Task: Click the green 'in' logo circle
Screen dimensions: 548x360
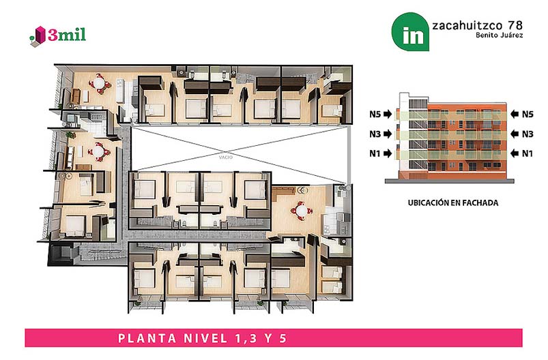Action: point(410,32)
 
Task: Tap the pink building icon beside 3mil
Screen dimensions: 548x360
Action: point(40,35)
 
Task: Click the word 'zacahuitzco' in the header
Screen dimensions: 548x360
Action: point(467,25)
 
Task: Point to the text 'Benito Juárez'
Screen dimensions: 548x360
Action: point(499,35)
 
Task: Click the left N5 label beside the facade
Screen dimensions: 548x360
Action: point(375,114)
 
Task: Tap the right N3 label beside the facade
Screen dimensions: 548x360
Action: point(528,134)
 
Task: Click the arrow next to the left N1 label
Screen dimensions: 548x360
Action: point(388,153)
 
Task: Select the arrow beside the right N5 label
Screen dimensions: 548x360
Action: point(515,114)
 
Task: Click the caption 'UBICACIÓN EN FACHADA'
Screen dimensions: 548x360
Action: point(453,203)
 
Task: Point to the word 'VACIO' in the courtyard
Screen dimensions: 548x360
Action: point(226,157)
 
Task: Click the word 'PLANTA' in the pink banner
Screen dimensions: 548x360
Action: point(147,338)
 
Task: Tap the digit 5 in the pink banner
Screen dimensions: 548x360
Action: point(283,338)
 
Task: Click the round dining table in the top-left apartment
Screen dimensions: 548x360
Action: point(99,84)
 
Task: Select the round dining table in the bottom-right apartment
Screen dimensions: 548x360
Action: point(301,211)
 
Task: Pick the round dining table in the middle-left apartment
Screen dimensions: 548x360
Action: point(99,151)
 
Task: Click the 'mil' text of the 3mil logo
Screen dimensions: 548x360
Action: point(72,35)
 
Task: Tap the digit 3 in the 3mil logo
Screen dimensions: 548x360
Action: point(52,35)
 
